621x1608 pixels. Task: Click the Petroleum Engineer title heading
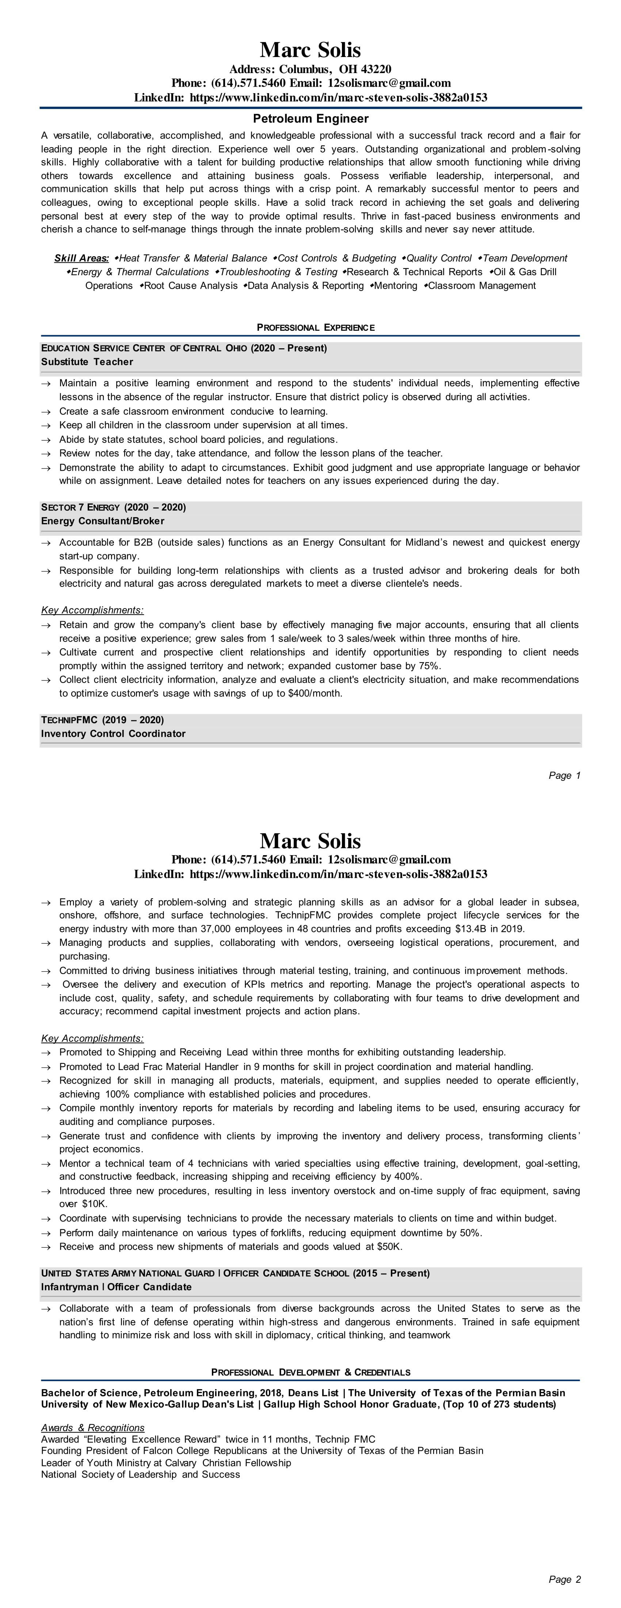click(x=310, y=119)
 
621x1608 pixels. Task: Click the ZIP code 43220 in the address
click(x=375, y=69)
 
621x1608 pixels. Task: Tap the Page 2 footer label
click(x=564, y=1580)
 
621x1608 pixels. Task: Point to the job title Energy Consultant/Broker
click(x=102, y=521)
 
